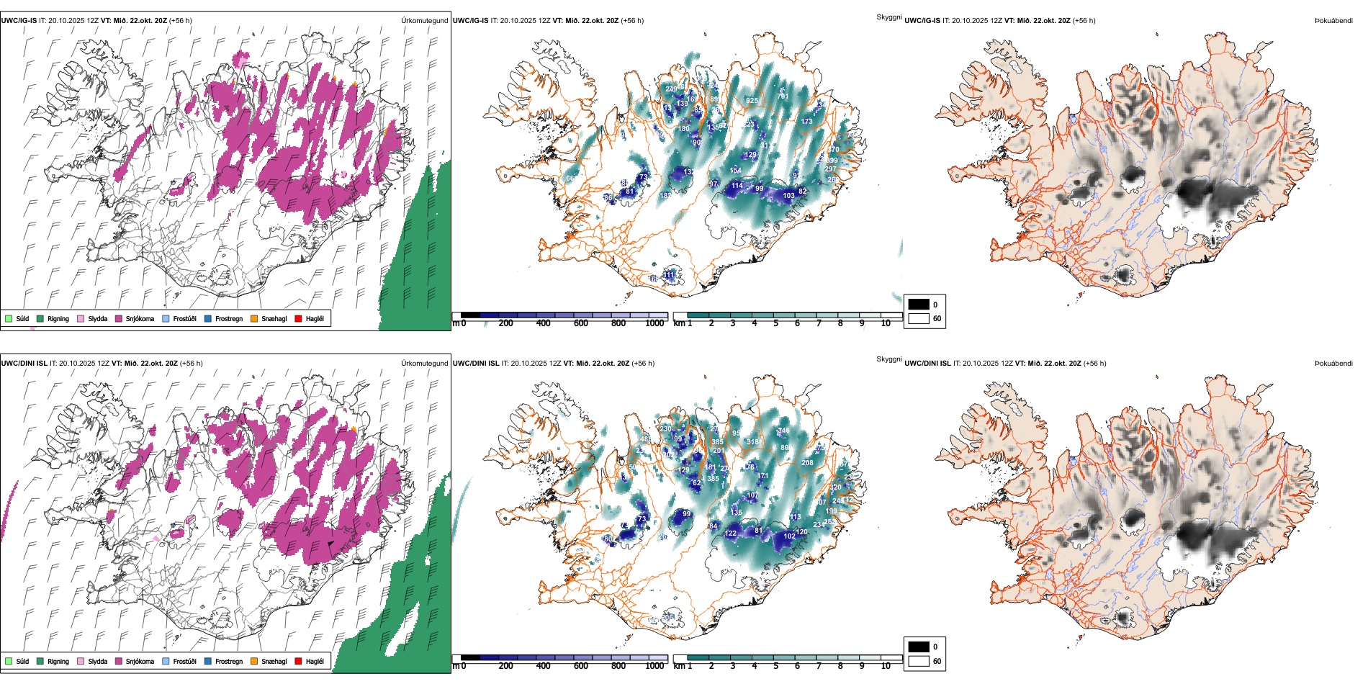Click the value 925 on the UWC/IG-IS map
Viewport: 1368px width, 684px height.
752,101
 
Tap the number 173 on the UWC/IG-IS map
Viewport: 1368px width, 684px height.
807,122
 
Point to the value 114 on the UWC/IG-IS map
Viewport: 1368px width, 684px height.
737,186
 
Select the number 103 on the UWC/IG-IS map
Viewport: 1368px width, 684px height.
789,196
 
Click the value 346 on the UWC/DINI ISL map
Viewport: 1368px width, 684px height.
784,431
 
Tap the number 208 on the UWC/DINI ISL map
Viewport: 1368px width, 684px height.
807,463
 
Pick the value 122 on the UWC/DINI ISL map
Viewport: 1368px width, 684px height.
731,534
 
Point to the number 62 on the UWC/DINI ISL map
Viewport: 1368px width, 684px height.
696,483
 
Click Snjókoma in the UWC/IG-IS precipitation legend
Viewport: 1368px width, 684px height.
140,319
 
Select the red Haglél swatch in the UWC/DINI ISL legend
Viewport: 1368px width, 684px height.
298,661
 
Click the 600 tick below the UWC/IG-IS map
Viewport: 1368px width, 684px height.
581,323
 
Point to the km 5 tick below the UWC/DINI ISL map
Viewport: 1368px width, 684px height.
776,666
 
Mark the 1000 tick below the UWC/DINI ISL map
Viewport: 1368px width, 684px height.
655,666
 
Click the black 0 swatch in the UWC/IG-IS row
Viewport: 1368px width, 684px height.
919,305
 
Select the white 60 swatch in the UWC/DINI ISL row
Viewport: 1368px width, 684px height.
919,661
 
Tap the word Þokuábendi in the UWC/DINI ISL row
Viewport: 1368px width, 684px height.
1333,364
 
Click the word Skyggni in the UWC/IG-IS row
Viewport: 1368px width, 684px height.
888,17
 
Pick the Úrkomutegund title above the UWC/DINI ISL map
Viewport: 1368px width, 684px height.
424,364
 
